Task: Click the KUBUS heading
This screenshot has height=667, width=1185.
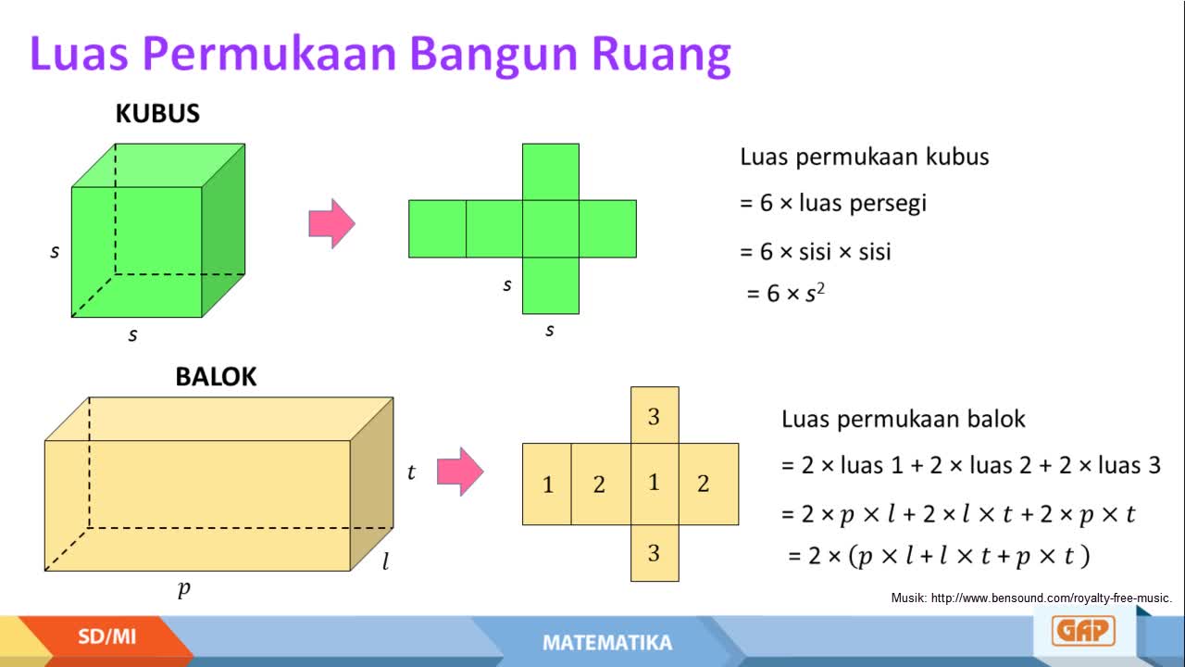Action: [x=157, y=113]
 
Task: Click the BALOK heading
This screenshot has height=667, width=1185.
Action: [x=216, y=377]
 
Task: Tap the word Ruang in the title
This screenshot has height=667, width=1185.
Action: [x=661, y=56]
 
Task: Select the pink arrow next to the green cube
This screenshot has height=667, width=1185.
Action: [x=331, y=223]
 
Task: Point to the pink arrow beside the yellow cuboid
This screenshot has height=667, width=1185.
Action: [x=460, y=472]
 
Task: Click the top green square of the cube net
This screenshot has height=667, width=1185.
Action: [x=551, y=172]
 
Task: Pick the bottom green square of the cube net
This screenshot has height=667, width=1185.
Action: [x=551, y=286]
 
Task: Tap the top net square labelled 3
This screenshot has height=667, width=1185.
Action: [x=655, y=415]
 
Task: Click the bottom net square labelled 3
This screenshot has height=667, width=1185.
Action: [x=655, y=553]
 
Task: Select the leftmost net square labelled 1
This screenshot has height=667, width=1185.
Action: [x=546, y=485]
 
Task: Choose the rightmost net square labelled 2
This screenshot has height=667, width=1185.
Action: [x=708, y=485]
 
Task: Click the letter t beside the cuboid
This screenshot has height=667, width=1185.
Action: [x=411, y=472]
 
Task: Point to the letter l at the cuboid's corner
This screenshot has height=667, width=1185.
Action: [x=386, y=561]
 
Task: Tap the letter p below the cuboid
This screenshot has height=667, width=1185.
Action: [x=183, y=589]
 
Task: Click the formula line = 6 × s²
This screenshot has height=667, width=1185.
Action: [x=785, y=294]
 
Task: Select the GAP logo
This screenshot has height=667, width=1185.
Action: [x=1083, y=631]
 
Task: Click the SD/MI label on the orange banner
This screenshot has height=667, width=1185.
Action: [x=106, y=636]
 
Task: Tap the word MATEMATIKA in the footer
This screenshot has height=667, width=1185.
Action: [x=607, y=643]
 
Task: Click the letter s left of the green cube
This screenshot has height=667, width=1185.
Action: [x=55, y=251]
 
